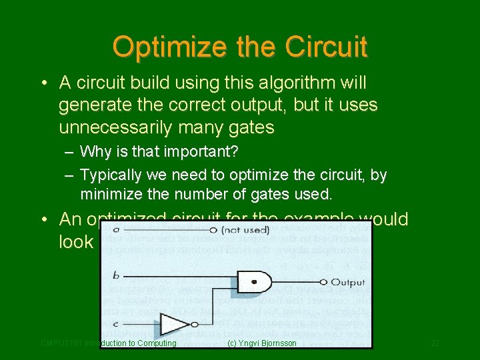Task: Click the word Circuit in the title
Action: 326,47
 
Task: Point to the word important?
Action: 203,152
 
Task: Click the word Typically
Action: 111,175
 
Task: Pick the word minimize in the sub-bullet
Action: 113,195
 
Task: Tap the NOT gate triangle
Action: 175,324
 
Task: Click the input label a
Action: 115,231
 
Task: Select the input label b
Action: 115,275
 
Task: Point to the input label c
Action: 115,325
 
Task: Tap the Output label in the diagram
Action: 347,283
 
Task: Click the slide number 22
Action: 435,343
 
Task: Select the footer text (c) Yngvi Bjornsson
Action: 262,343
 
